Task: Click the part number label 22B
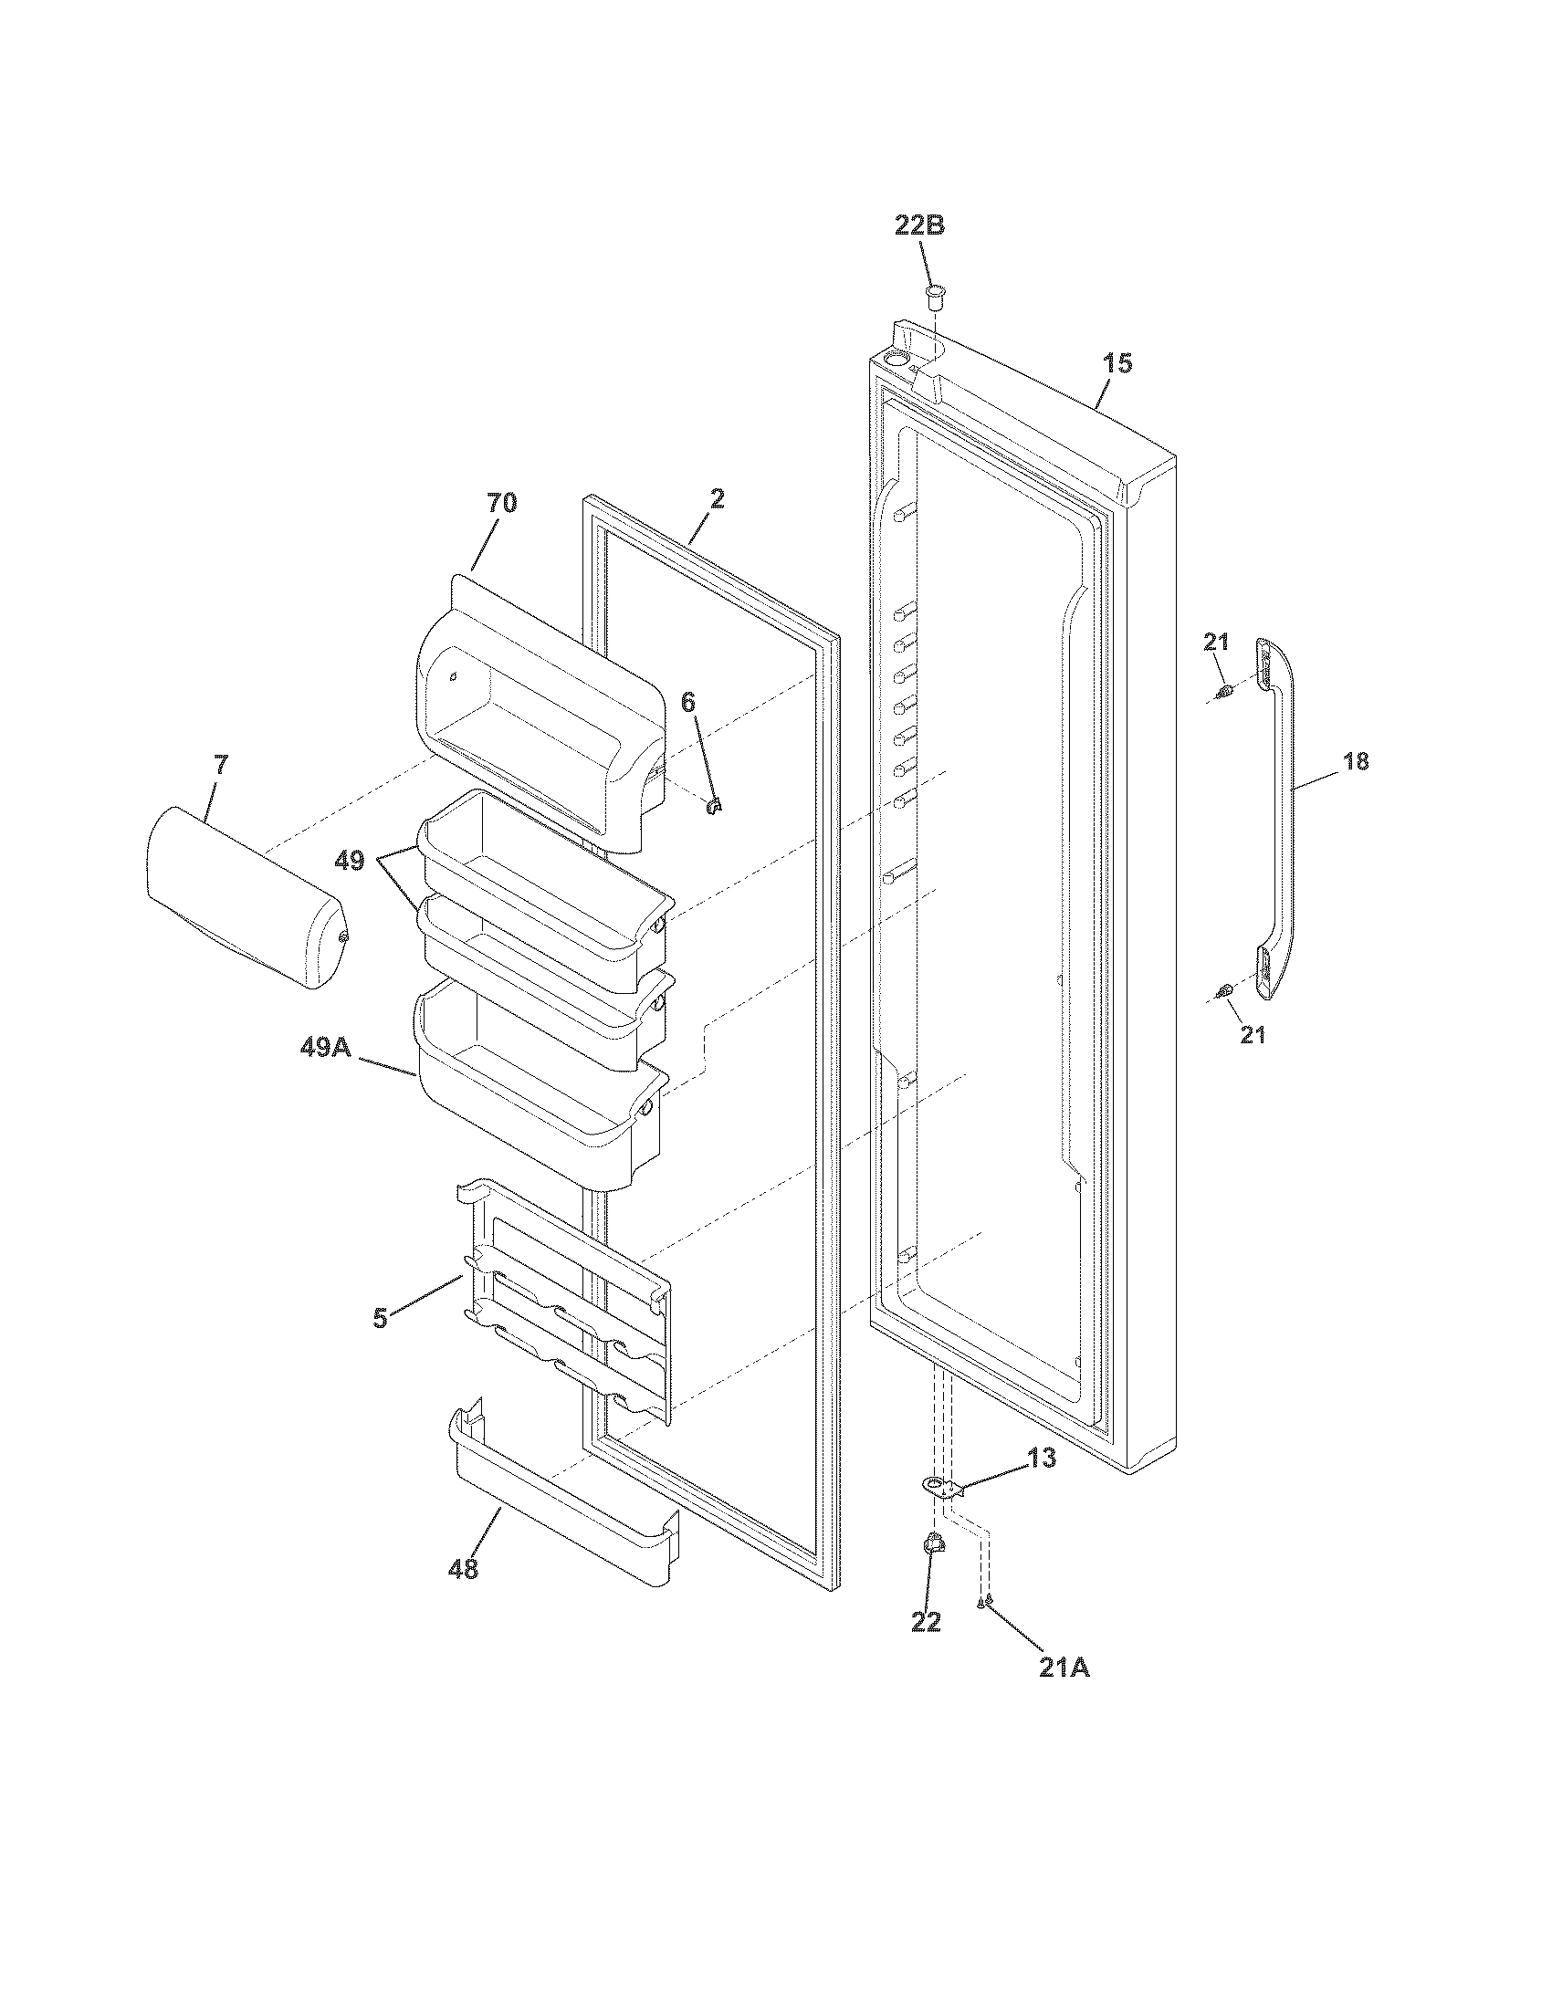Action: (x=919, y=226)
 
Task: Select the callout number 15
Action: (x=1118, y=363)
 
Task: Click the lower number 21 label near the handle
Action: (x=1253, y=1035)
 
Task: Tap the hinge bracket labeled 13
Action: (x=938, y=1483)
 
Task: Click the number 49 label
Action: (x=349, y=862)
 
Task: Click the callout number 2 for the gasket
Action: (x=717, y=499)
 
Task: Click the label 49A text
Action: (x=326, y=1046)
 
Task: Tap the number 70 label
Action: (x=501, y=503)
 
